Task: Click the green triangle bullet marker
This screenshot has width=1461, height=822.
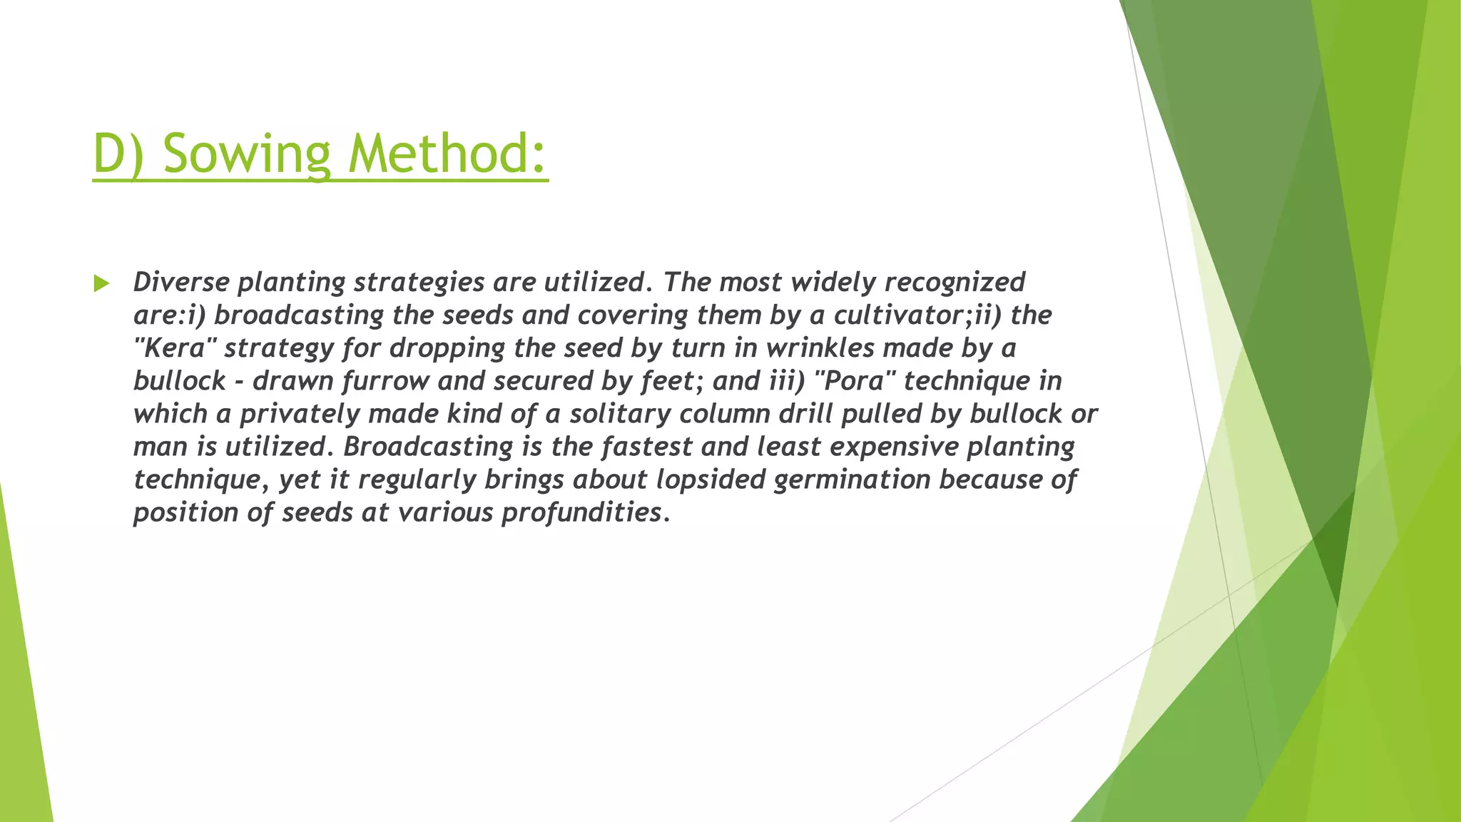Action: click(101, 284)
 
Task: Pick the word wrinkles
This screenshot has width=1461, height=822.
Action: click(820, 347)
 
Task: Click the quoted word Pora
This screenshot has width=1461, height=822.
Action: click(855, 380)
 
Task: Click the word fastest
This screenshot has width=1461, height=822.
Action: click(646, 446)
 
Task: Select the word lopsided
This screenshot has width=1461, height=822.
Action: click(711, 480)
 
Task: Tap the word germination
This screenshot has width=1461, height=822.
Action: click(852, 480)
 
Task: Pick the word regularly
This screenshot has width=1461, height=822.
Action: click(417, 480)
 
